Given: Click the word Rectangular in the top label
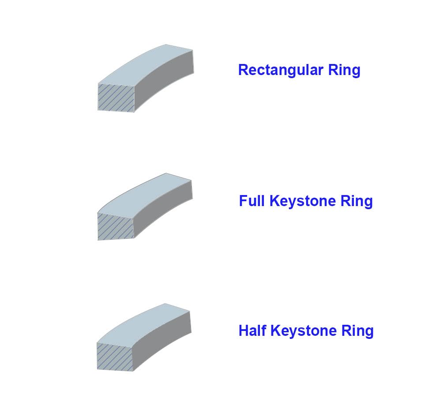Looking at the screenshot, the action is click(x=281, y=70).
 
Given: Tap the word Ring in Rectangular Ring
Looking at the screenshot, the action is click(x=344, y=70).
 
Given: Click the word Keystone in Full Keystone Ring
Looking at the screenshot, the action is click(x=303, y=201).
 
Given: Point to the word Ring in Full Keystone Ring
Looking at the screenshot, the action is click(x=357, y=201).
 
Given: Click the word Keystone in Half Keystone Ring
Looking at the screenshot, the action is click(x=304, y=331).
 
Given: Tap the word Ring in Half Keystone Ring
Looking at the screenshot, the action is click(x=357, y=331).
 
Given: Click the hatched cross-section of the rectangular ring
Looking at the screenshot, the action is click(x=116, y=98).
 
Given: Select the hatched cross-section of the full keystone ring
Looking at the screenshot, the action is click(x=116, y=226).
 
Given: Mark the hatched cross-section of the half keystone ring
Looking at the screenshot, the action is click(x=115, y=357).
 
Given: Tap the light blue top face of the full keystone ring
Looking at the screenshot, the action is click(x=145, y=195).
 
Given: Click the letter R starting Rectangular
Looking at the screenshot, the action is click(x=244, y=70).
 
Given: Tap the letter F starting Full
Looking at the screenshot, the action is click(x=244, y=201).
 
